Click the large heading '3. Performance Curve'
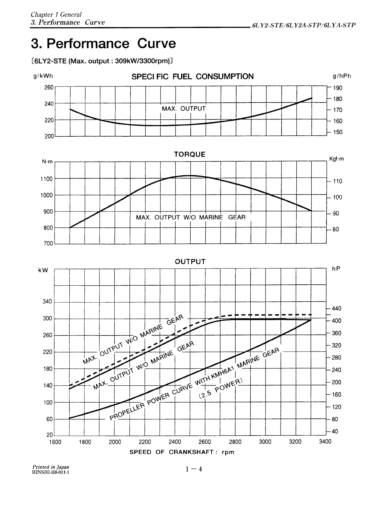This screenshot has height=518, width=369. click(103, 43)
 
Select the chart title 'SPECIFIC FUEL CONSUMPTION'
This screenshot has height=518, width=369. click(193, 77)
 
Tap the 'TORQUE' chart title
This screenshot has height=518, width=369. click(190, 155)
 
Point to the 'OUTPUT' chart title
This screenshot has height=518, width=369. click(190, 262)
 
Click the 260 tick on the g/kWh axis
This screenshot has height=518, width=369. click(49, 87)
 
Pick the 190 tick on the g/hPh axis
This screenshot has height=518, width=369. click(338, 88)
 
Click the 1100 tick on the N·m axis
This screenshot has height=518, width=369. click(47, 179)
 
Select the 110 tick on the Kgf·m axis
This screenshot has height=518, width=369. click(338, 181)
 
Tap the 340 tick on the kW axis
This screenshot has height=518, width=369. click(47, 302)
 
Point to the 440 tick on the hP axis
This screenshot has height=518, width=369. click(337, 309)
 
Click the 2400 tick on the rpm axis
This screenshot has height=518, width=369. click(175, 442)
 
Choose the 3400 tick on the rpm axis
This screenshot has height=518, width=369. click(325, 442)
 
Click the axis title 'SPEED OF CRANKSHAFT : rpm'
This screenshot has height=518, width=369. click(182, 452)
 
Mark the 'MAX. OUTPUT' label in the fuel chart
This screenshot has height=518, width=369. click(184, 109)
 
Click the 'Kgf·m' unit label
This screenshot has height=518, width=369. click(336, 159)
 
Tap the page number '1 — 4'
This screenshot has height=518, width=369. click(193, 469)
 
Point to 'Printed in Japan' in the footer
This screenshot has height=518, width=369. click(51, 467)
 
